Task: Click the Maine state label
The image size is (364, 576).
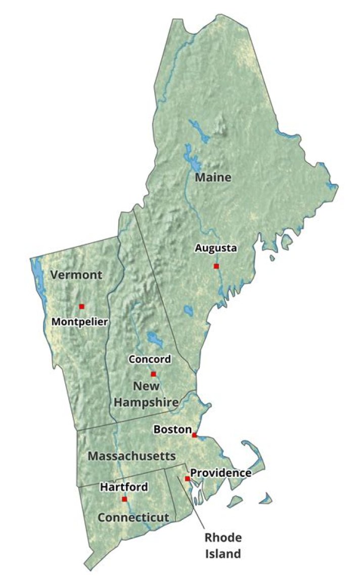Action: (x=213, y=178)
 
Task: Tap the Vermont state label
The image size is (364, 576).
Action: (x=76, y=275)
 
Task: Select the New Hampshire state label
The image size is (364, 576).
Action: (x=146, y=394)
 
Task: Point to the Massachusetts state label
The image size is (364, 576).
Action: (x=131, y=456)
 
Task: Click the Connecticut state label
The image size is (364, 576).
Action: (x=133, y=517)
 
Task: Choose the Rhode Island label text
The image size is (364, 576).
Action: (x=223, y=546)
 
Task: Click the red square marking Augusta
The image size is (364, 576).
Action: (x=216, y=266)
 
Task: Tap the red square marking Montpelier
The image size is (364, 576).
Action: (x=81, y=306)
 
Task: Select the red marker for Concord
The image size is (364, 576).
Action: (x=153, y=374)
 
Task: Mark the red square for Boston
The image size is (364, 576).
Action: (x=194, y=435)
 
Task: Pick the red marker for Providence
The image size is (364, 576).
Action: (x=187, y=478)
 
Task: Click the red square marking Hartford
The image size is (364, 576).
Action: (x=124, y=499)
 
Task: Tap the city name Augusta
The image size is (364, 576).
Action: (x=216, y=248)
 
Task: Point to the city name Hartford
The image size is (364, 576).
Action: (x=124, y=487)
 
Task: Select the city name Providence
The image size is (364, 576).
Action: (x=220, y=473)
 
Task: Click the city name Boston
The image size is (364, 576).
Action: (x=172, y=429)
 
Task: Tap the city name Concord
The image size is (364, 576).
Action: (x=150, y=359)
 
